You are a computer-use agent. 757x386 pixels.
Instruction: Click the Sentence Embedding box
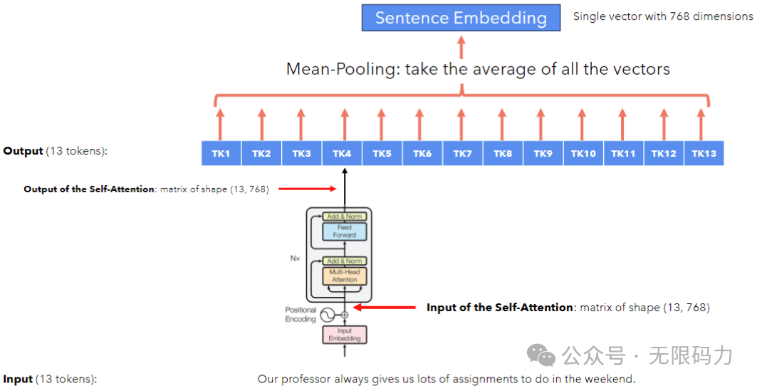tap(461, 18)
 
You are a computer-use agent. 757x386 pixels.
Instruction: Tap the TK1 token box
tap(221, 154)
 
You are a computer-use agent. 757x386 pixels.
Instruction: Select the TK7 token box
tap(462, 154)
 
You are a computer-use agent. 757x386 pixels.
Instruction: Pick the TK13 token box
tap(704, 154)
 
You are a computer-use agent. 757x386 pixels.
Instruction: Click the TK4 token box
tap(342, 154)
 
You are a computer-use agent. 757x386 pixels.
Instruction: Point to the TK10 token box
tap(583, 154)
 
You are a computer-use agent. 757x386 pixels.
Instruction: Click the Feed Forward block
tap(345, 231)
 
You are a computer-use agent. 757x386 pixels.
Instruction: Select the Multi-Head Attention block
tap(345, 276)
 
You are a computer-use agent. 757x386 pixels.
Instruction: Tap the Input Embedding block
tap(345, 335)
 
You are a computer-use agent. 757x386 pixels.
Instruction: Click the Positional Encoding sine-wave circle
tap(328, 315)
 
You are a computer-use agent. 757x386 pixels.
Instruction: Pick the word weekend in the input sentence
tap(610, 379)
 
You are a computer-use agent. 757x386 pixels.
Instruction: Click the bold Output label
tap(23, 151)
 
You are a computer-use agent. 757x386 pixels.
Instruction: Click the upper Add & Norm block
tap(345, 217)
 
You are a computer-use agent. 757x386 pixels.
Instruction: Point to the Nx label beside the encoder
tap(295, 258)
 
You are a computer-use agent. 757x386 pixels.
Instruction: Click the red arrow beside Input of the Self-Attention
tap(385, 308)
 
